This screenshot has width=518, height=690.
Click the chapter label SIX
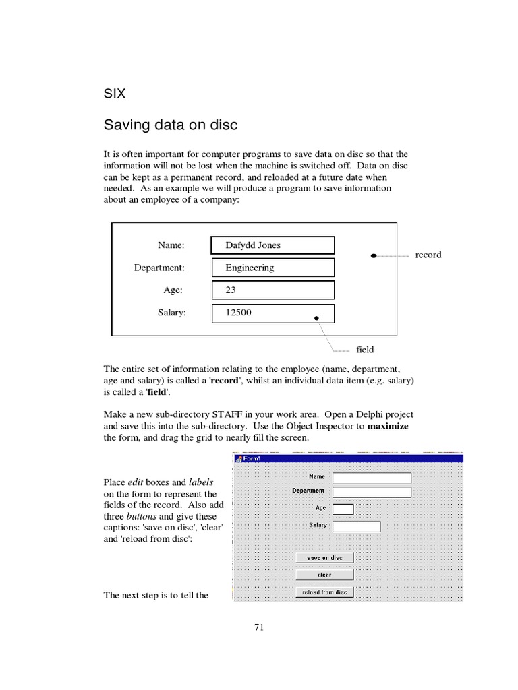(x=114, y=94)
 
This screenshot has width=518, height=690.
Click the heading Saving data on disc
(x=171, y=125)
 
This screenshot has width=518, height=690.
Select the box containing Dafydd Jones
(x=272, y=245)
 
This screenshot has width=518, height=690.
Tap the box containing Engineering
(x=272, y=268)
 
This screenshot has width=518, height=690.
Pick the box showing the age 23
(x=272, y=290)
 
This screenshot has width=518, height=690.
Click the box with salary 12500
(x=272, y=313)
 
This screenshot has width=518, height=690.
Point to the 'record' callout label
(x=428, y=255)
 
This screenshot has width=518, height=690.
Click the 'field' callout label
(x=365, y=350)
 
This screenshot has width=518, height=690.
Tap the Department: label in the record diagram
(x=159, y=268)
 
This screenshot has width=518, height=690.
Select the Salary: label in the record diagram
(x=171, y=313)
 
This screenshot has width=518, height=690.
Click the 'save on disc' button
(x=324, y=558)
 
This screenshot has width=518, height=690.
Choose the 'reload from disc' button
(x=324, y=592)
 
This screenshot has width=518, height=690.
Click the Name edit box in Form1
(x=372, y=478)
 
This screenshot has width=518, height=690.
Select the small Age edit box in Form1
(x=343, y=509)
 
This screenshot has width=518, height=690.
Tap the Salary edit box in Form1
(x=357, y=526)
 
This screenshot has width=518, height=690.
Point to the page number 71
(x=259, y=627)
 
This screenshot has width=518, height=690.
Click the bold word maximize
(x=388, y=427)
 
